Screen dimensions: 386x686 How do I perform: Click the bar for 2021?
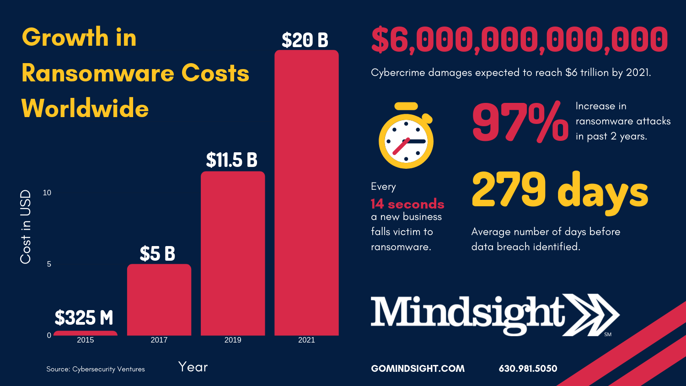pyautogui.click(x=306, y=193)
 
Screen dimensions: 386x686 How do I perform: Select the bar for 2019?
pyautogui.click(x=233, y=253)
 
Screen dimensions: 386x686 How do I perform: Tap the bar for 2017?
pyautogui.click(x=159, y=300)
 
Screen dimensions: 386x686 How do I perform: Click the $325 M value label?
pyautogui.click(x=84, y=317)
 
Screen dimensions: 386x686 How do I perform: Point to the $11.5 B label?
pyautogui.click(x=231, y=160)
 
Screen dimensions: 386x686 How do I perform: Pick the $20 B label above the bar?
pyautogui.click(x=305, y=40)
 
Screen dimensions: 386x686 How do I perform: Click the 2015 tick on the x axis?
pyautogui.click(x=86, y=340)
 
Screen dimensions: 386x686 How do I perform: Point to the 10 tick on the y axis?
pyautogui.click(x=47, y=193)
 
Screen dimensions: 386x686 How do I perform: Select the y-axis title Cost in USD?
pyautogui.click(x=26, y=226)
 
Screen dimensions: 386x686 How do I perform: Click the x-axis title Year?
pyautogui.click(x=193, y=367)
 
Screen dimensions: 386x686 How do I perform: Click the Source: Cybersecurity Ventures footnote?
pyautogui.click(x=96, y=369)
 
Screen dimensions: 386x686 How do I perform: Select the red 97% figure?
pyautogui.click(x=520, y=123)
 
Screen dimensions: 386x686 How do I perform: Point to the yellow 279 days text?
pyautogui.click(x=560, y=191)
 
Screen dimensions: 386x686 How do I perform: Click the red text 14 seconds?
pyautogui.click(x=407, y=204)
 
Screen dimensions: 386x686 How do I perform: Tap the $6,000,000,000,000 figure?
pyautogui.click(x=519, y=40)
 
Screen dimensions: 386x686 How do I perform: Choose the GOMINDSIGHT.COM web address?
pyautogui.click(x=418, y=369)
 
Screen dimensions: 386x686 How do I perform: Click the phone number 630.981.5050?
pyautogui.click(x=528, y=369)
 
